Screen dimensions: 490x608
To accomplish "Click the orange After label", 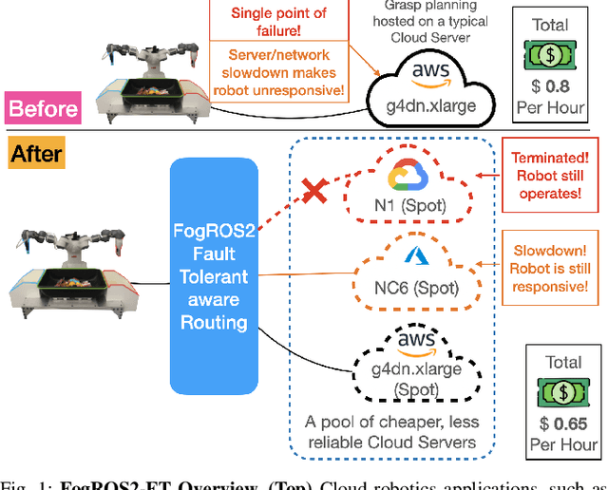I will (36, 153).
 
